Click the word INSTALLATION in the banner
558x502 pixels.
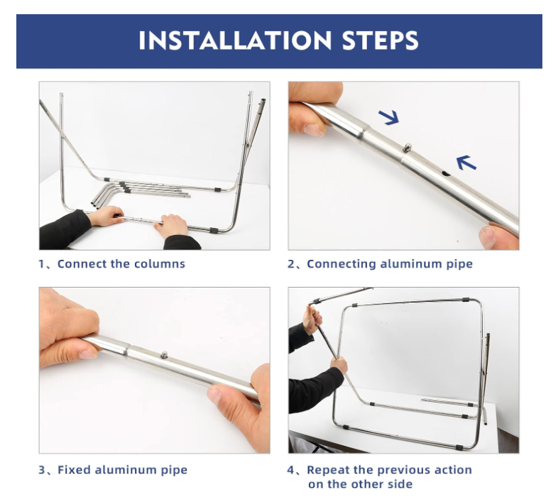coord(235,40)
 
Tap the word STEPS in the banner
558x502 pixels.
coord(380,40)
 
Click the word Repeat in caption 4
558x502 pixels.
coord(328,470)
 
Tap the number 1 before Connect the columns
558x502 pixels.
coord(42,264)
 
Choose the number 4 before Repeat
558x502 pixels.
coord(291,470)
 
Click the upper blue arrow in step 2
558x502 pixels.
coord(389,117)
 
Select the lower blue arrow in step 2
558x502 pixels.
coord(466,163)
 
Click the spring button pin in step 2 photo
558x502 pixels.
coord(407,147)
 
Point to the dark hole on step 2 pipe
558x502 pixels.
coord(446,174)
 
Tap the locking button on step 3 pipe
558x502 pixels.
coord(164,354)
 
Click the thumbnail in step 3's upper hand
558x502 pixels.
coord(88,354)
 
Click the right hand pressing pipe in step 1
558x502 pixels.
coord(172,226)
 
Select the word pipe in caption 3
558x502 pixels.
coord(174,470)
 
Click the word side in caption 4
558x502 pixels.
coord(399,484)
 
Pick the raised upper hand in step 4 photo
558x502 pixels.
coord(312,319)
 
